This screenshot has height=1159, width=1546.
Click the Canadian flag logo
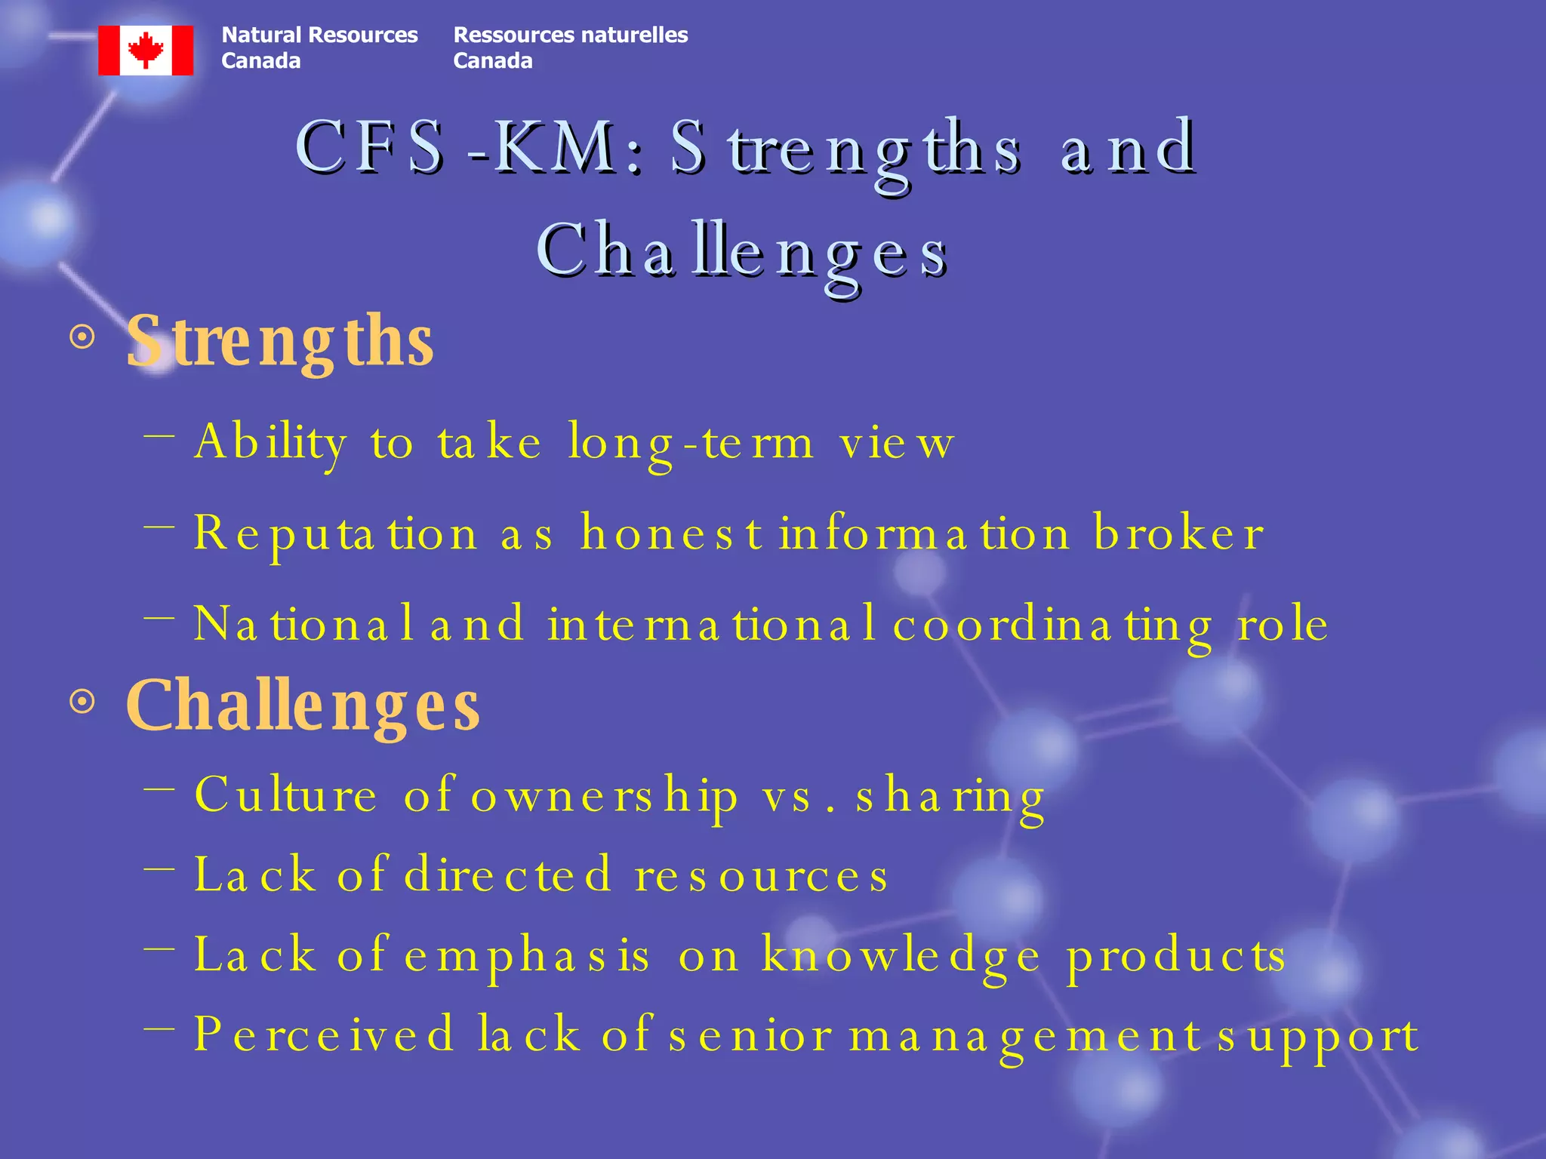[146, 50]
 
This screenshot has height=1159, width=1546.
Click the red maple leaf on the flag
[146, 50]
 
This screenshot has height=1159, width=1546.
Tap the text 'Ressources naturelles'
[570, 35]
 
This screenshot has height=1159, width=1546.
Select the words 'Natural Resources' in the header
[319, 35]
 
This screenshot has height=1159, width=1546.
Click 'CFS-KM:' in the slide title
[468, 147]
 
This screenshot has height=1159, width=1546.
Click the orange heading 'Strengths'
[279, 341]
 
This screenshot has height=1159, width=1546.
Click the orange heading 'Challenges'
[302, 705]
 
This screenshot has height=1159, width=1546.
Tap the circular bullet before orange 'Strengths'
[82, 337]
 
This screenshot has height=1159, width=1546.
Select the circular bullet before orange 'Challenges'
[82, 702]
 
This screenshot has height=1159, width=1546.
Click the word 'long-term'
[691, 444]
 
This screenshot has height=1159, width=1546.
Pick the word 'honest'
[671, 533]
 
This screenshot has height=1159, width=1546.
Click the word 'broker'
[1178, 533]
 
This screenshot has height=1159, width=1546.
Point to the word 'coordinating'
[1053, 625]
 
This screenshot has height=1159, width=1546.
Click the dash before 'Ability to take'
[159, 435]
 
